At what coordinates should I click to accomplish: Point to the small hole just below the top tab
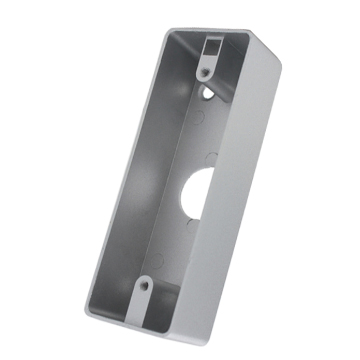208,93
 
